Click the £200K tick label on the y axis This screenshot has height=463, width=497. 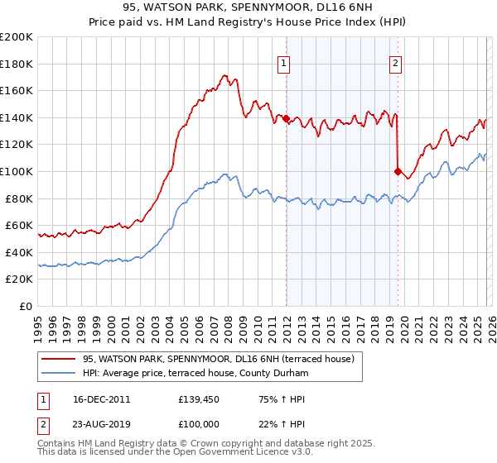coord(17,37)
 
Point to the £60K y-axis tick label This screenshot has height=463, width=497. coord(19,226)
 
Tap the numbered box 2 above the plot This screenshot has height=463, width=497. coord(396,62)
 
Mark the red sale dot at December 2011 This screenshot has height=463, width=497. coord(286,119)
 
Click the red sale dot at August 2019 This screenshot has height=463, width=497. coord(398,172)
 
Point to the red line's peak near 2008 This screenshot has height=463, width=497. coord(225,74)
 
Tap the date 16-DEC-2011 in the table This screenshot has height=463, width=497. coord(101,399)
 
